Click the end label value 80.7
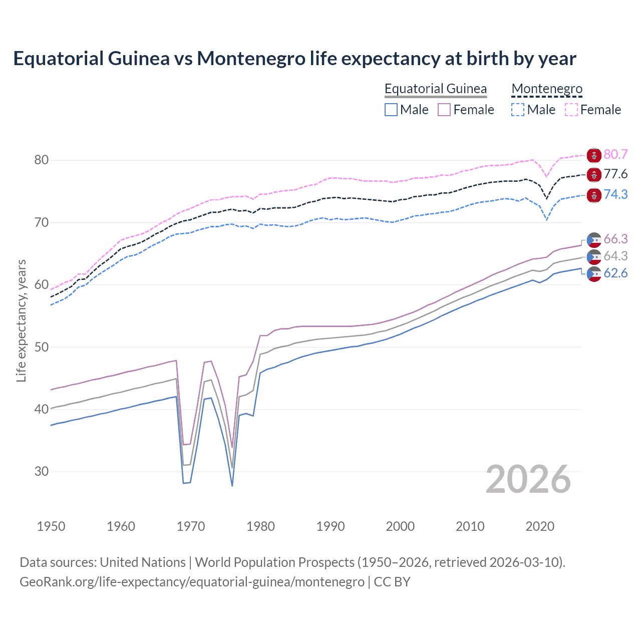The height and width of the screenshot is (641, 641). pyautogui.click(x=615, y=155)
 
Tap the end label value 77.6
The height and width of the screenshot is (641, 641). pyautogui.click(x=615, y=174)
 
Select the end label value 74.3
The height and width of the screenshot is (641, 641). pyautogui.click(x=615, y=194)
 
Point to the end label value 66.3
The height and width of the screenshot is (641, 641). pyautogui.click(x=615, y=239)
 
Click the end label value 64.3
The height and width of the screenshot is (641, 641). pyautogui.click(x=615, y=256)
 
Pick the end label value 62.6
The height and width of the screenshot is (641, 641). pyautogui.click(x=615, y=273)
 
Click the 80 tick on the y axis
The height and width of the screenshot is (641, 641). pyautogui.click(x=42, y=160)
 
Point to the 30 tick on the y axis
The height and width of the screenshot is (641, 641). pyautogui.click(x=42, y=472)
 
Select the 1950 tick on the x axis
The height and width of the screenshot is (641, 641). pyautogui.click(x=51, y=526)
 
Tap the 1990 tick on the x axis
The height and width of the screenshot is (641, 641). pyautogui.click(x=331, y=526)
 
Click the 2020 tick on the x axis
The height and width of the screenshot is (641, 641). pyautogui.click(x=540, y=526)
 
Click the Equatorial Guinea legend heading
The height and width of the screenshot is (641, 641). pyautogui.click(x=435, y=89)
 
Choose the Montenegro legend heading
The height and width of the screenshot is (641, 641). pyautogui.click(x=547, y=89)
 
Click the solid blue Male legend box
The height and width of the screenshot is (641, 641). pyautogui.click(x=391, y=110)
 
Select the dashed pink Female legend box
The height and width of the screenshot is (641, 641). pyautogui.click(x=571, y=110)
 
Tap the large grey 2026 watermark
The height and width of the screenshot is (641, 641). pyautogui.click(x=528, y=480)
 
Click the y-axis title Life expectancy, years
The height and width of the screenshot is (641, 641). pyautogui.click(x=21, y=320)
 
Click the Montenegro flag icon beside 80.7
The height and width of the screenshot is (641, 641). pyautogui.click(x=594, y=155)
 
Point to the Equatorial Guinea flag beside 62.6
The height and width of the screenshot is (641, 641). pyautogui.click(x=594, y=274)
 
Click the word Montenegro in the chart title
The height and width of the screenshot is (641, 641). pyautogui.click(x=251, y=59)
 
